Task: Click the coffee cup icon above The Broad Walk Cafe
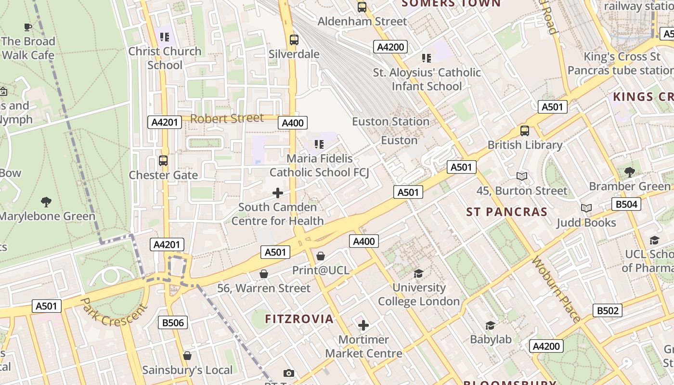pyautogui.click(x=28, y=27)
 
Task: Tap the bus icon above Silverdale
pyautogui.click(x=294, y=40)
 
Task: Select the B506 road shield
pyautogui.click(x=173, y=322)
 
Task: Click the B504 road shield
pyautogui.click(x=626, y=204)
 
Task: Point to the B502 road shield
pyautogui.click(x=607, y=310)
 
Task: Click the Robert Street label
pyautogui.click(x=227, y=118)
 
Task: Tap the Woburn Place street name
pyautogui.click(x=556, y=289)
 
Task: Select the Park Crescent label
pyautogui.click(x=113, y=312)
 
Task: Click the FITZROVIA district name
pyautogui.click(x=299, y=319)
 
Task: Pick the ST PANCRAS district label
pyautogui.click(x=506, y=212)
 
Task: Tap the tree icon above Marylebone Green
pyautogui.click(x=46, y=202)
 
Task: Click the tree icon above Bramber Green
pyautogui.click(x=629, y=172)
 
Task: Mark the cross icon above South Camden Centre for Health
pyautogui.click(x=278, y=193)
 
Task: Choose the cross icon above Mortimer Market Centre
pyautogui.click(x=363, y=325)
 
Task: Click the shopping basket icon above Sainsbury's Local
pyautogui.click(x=187, y=356)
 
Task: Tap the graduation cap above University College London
pyautogui.click(x=418, y=273)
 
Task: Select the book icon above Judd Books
pyautogui.click(x=586, y=208)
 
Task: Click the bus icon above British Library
pyautogui.click(x=524, y=130)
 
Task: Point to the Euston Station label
pyautogui.click(x=390, y=121)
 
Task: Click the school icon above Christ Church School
pyautogui.click(x=165, y=37)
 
